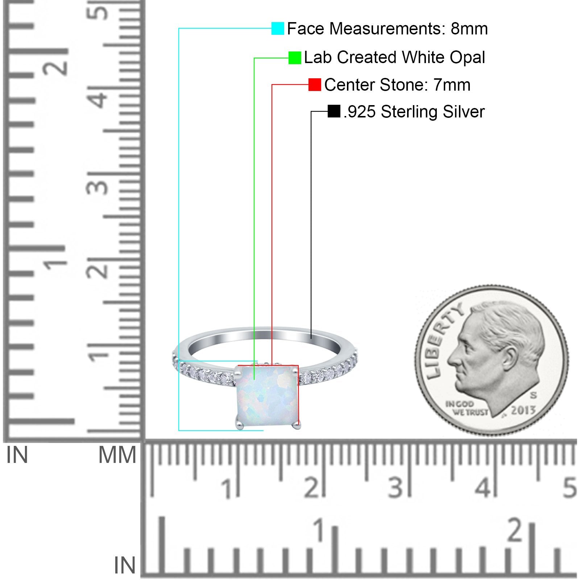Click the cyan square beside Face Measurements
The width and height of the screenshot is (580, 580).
point(278,28)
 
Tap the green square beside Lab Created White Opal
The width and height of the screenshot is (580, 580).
point(295,58)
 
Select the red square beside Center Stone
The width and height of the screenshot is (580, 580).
point(315,85)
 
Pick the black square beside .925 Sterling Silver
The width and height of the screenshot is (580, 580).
point(334,111)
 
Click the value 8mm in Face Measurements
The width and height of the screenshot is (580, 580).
point(469,29)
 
